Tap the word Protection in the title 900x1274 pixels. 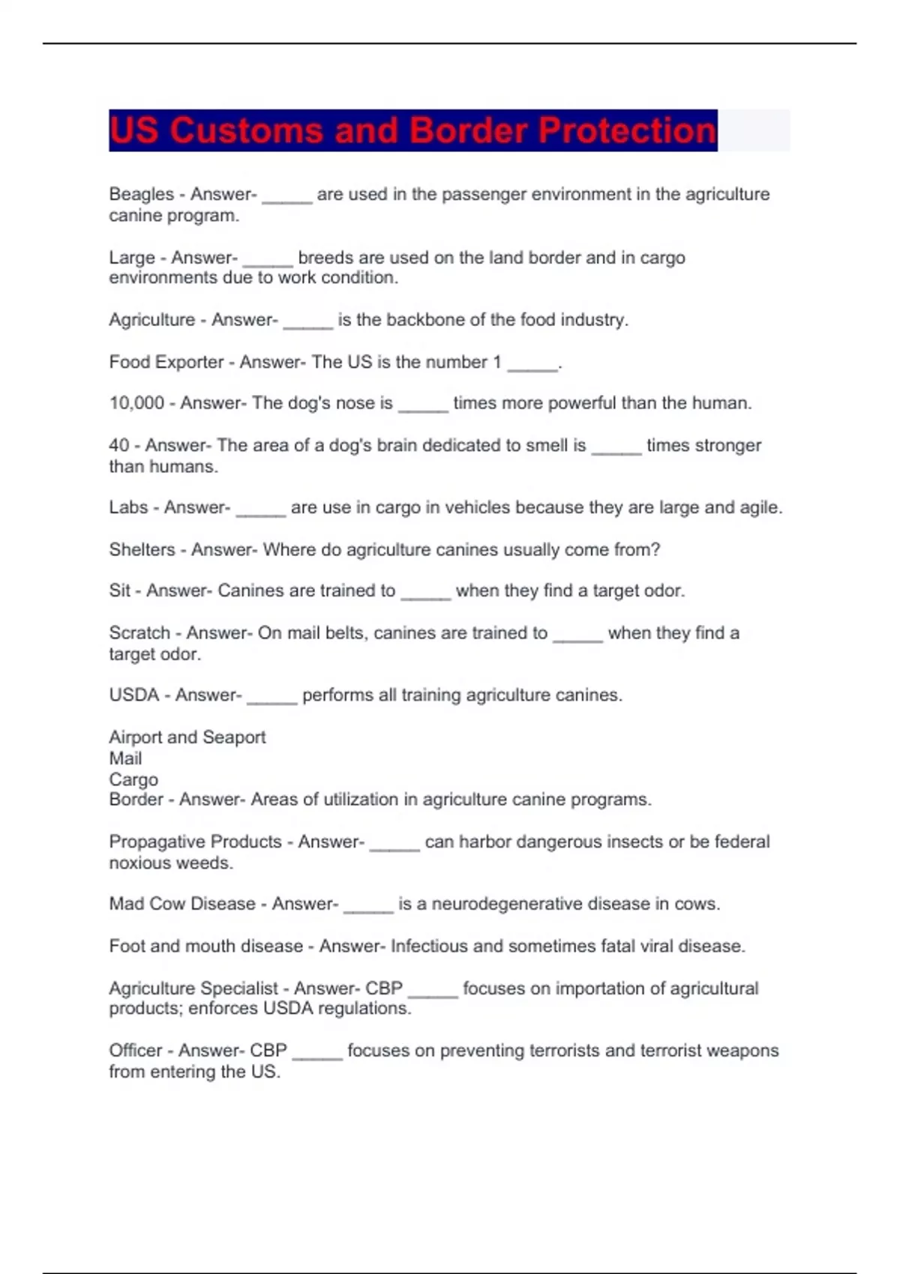pos(627,130)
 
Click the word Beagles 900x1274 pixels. pos(141,194)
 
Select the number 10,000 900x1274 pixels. pos(136,403)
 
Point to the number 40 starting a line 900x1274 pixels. pos(118,445)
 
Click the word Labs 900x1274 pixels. pos(128,507)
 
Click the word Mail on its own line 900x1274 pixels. pos(125,758)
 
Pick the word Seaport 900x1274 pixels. pos(234,737)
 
